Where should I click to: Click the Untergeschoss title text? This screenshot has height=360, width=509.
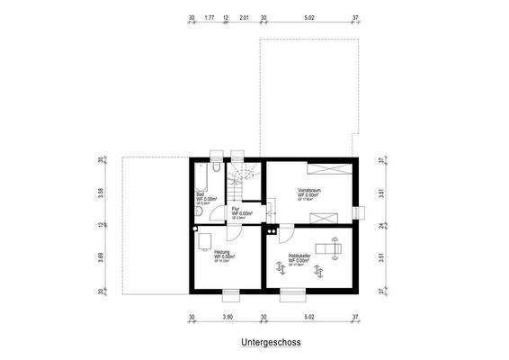[x=270, y=343]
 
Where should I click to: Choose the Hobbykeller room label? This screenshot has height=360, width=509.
[x=299, y=258]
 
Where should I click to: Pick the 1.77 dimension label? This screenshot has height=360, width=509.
[x=209, y=17]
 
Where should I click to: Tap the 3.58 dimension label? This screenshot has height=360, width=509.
[x=102, y=192]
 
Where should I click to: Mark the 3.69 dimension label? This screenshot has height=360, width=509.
[x=102, y=258]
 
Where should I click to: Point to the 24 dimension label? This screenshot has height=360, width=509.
[x=381, y=225]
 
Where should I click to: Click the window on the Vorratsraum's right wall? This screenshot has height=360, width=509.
[x=360, y=212]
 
